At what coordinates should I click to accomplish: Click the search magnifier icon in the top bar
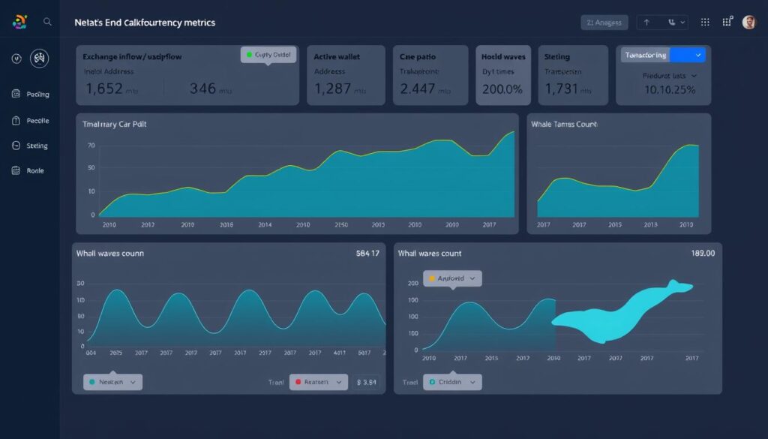pos(47,23)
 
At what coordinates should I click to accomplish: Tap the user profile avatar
pos(748,23)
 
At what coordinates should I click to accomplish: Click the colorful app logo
pos(19,23)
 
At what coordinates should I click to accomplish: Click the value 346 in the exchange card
pos(202,89)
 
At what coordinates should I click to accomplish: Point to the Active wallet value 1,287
pos(333,89)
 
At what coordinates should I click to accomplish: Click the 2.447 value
pos(418,89)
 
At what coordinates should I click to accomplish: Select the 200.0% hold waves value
pos(502,89)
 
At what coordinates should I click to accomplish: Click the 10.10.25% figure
pos(670,89)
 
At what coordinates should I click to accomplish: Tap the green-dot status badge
pos(268,55)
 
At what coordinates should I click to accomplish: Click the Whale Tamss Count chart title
pos(564,124)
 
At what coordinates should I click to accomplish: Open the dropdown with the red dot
pos(319,382)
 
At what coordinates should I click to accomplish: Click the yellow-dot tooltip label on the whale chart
pos(452,278)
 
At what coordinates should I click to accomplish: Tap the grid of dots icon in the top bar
pos(704,23)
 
